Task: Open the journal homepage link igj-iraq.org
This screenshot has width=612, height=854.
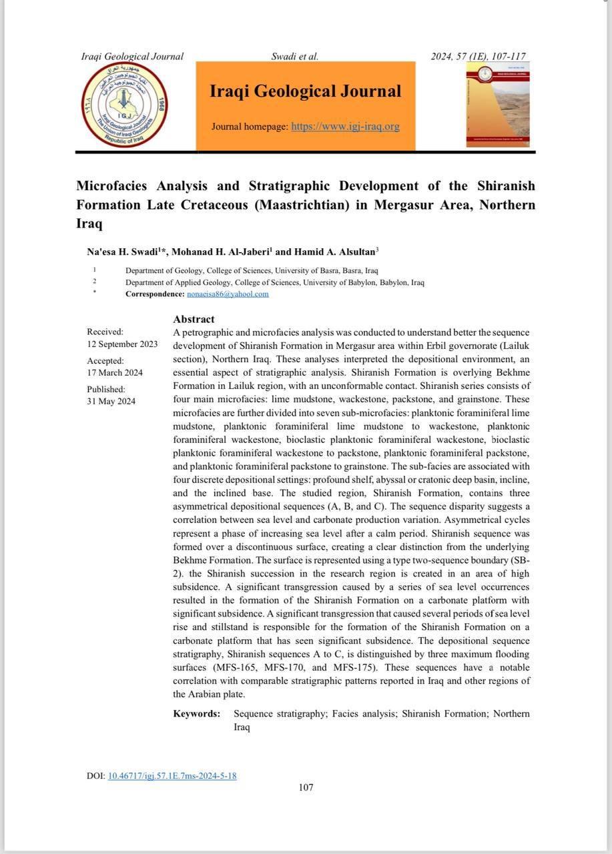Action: [x=345, y=126]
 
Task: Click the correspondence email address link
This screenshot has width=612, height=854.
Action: [x=228, y=294]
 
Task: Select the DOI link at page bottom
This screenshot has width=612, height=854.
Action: [x=172, y=776]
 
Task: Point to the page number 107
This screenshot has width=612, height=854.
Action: [x=306, y=787]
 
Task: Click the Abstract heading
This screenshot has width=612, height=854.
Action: [x=194, y=320]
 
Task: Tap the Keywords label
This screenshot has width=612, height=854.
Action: [x=196, y=714]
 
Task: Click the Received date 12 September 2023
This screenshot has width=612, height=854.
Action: [x=122, y=344]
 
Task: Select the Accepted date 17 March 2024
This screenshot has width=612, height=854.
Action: [x=115, y=373]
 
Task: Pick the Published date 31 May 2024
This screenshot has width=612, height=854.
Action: [x=111, y=401]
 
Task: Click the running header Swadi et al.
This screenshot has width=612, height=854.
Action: [x=295, y=57]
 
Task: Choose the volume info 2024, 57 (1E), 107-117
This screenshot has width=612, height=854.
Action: [x=478, y=57]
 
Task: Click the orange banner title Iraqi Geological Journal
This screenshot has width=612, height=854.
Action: [x=306, y=91]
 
